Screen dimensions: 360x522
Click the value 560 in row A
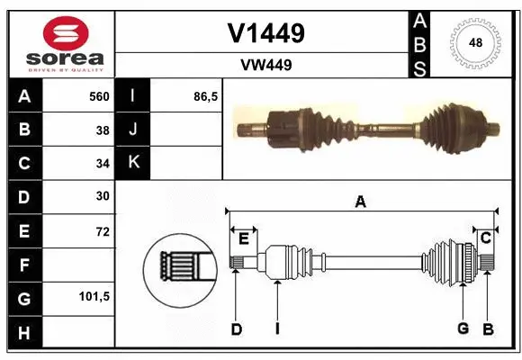point(98,96)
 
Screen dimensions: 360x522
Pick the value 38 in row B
point(103,130)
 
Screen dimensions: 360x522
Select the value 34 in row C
point(103,164)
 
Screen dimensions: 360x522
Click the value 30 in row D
point(103,196)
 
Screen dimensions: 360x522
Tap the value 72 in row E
point(103,231)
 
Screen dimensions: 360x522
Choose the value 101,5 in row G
point(94,296)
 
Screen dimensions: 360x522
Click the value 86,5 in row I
point(205,96)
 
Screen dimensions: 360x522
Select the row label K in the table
point(133,163)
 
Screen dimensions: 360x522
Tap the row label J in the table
point(133,130)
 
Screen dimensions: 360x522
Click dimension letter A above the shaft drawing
point(360,202)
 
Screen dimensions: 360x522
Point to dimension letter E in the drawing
point(242,238)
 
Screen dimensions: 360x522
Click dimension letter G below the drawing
point(463,329)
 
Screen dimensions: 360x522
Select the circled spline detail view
point(177,265)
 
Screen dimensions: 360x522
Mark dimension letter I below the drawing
point(278,329)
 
